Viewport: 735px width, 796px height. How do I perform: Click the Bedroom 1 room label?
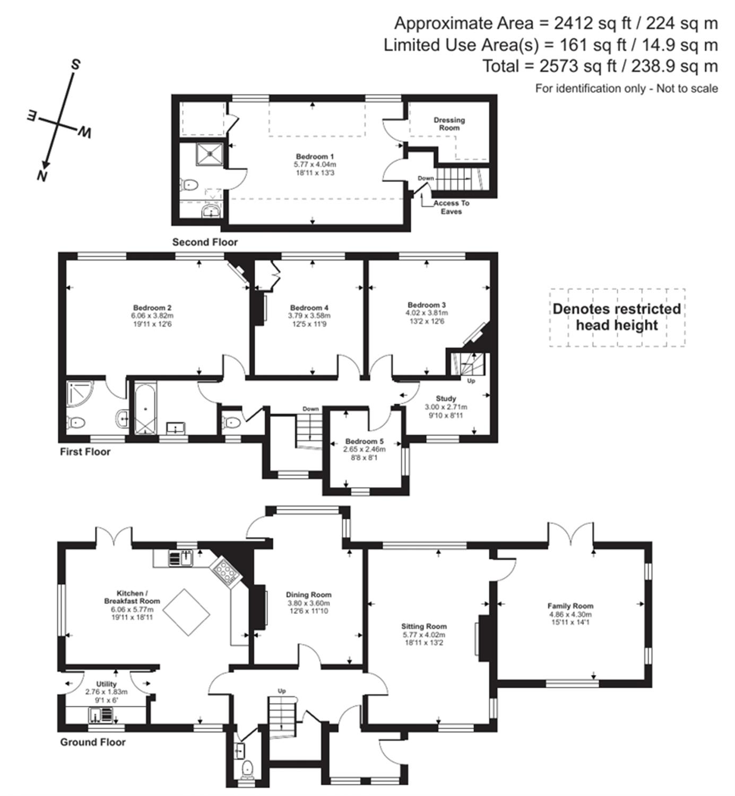(315, 157)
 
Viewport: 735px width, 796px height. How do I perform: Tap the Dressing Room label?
(449, 124)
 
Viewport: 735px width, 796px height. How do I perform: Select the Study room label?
(446, 399)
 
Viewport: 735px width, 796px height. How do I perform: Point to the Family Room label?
(570, 606)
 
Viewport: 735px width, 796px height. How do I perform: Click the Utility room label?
(106, 684)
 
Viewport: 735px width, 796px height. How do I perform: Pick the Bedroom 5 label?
(365, 442)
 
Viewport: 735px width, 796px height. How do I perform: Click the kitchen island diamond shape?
(188, 612)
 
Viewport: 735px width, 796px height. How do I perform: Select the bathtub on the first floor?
(145, 409)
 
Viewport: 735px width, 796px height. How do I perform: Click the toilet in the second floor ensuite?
(189, 185)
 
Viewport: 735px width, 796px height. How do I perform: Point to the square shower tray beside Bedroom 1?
(209, 154)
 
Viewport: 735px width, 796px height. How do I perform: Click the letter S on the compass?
(75, 64)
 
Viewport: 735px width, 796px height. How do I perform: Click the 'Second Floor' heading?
(205, 242)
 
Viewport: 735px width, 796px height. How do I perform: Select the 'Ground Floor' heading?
(93, 742)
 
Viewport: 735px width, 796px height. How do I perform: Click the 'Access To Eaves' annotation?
(451, 207)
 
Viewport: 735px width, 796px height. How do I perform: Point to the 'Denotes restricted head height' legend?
(617, 317)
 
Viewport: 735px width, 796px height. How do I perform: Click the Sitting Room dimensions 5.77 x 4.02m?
(424, 635)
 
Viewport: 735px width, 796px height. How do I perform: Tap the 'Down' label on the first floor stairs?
(311, 409)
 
